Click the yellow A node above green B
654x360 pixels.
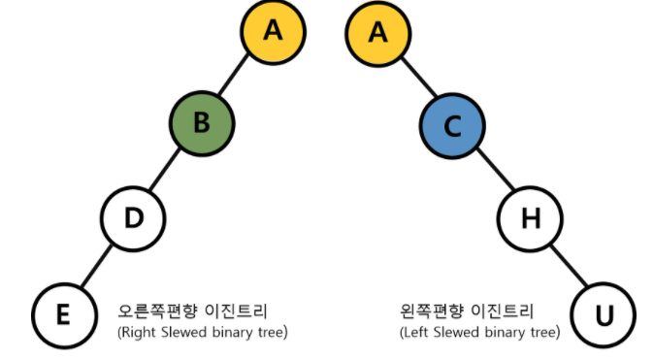coord(273,31)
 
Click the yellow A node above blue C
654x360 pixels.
coord(377,31)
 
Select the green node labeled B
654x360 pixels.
coord(202,124)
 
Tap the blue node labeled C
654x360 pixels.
coord(452,124)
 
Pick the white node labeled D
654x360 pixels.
coord(134,217)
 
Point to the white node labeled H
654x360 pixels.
coord(529,217)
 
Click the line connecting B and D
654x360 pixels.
coord(168,171)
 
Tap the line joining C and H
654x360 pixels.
coord(491,171)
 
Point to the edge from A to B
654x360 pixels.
coord(238,78)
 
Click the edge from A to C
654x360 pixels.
coord(414,78)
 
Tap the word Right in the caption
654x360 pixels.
coord(136,333)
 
